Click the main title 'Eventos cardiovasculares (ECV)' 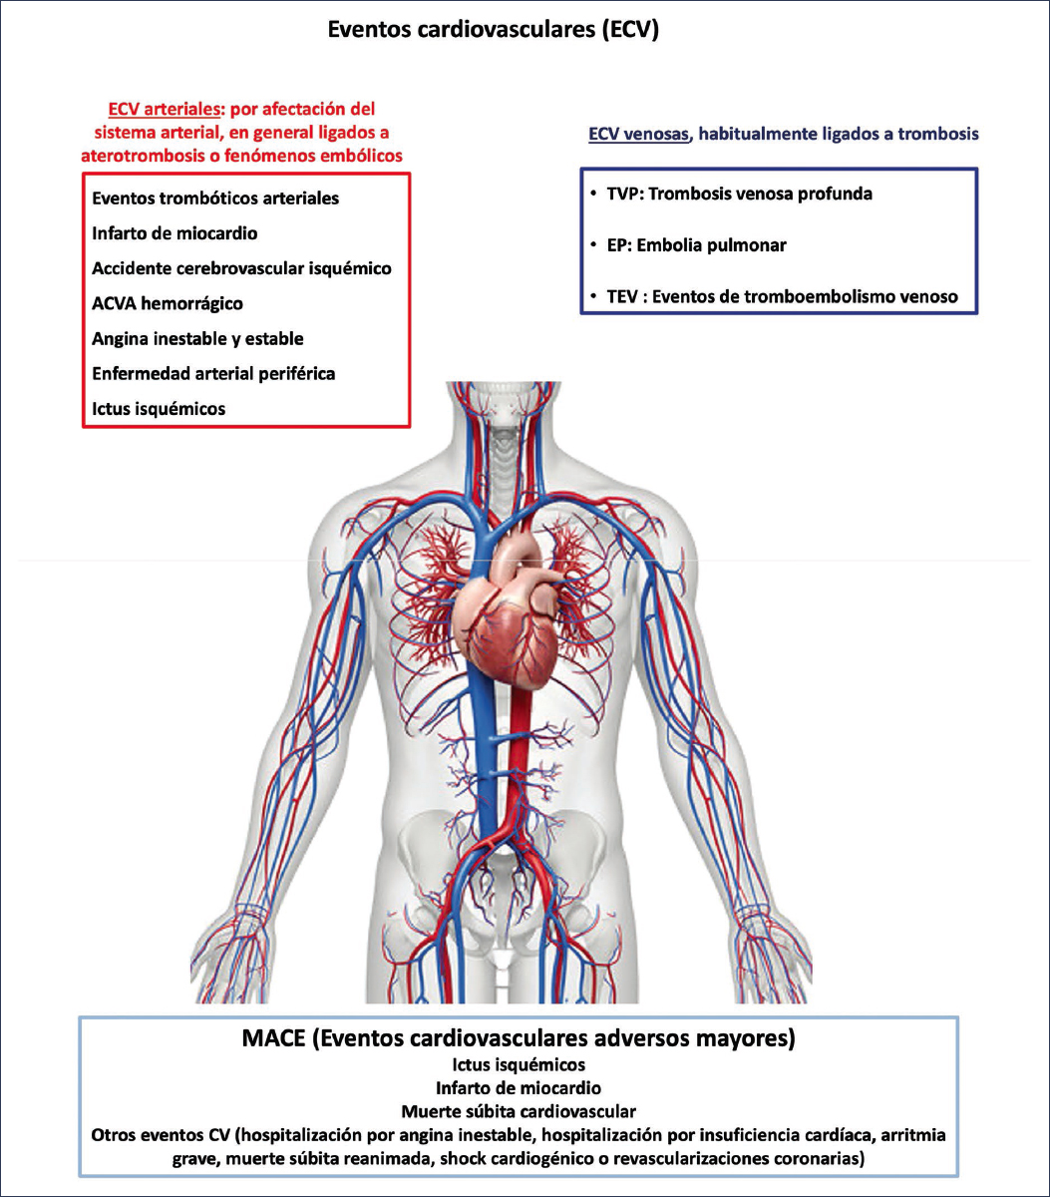pyautogui.click(x=494, y=30)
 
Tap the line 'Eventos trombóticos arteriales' pyautogui.click(x=215, y=198)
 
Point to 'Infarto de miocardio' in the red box pyautogui.click(x=175, y=233)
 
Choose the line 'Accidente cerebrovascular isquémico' pyautogui.click(x=241, y=268)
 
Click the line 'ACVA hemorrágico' pyautogui.click(x=167, y=303)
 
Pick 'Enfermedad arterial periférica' pyautogui.click(x=213, y=373)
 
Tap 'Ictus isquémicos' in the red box pyautogui.click(x=159, y=408)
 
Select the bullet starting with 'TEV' pyautogui.click(x=778, y=296)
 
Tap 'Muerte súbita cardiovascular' pyautogui.click(x=519, y=1110)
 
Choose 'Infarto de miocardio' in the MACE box pyautogui.click(x=519, y=1087)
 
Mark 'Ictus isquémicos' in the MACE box pyautogui.click(x=519, y=1064)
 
